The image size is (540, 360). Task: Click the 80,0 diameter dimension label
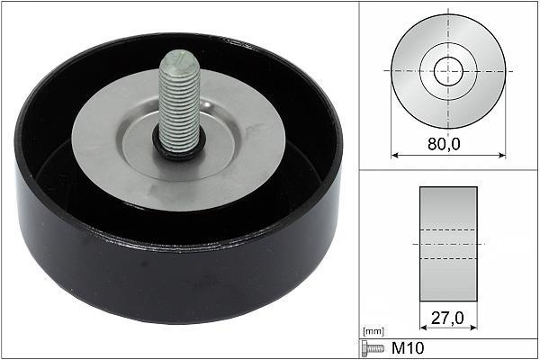click(x=444, y=143)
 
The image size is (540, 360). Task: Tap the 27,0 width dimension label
click(x=447, y=318)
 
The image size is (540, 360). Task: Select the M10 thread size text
click(x=408, y=348)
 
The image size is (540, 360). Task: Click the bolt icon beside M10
click(x=373, y=348)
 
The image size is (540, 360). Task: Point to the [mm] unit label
click(x=373, y=331)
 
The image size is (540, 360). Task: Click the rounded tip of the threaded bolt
click(x=180, y=58)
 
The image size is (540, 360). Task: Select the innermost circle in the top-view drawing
click(x=448, y=58)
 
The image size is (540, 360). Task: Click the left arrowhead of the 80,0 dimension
click(x=395, y=156)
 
